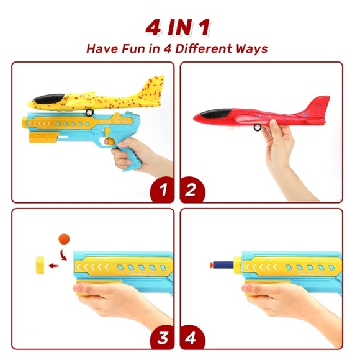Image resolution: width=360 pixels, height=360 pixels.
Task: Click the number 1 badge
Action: click(163, 191)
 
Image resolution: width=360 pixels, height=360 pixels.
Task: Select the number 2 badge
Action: click(191, 191)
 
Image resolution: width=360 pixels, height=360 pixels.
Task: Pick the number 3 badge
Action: click(163, 337)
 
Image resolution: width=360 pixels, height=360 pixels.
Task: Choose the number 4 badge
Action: click(191, 337)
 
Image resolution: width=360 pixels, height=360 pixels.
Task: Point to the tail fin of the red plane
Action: click(317, 102)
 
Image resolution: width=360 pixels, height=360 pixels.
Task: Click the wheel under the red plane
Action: click(258, 128)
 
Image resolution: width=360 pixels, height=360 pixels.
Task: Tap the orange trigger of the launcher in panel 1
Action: click(109, 143)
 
